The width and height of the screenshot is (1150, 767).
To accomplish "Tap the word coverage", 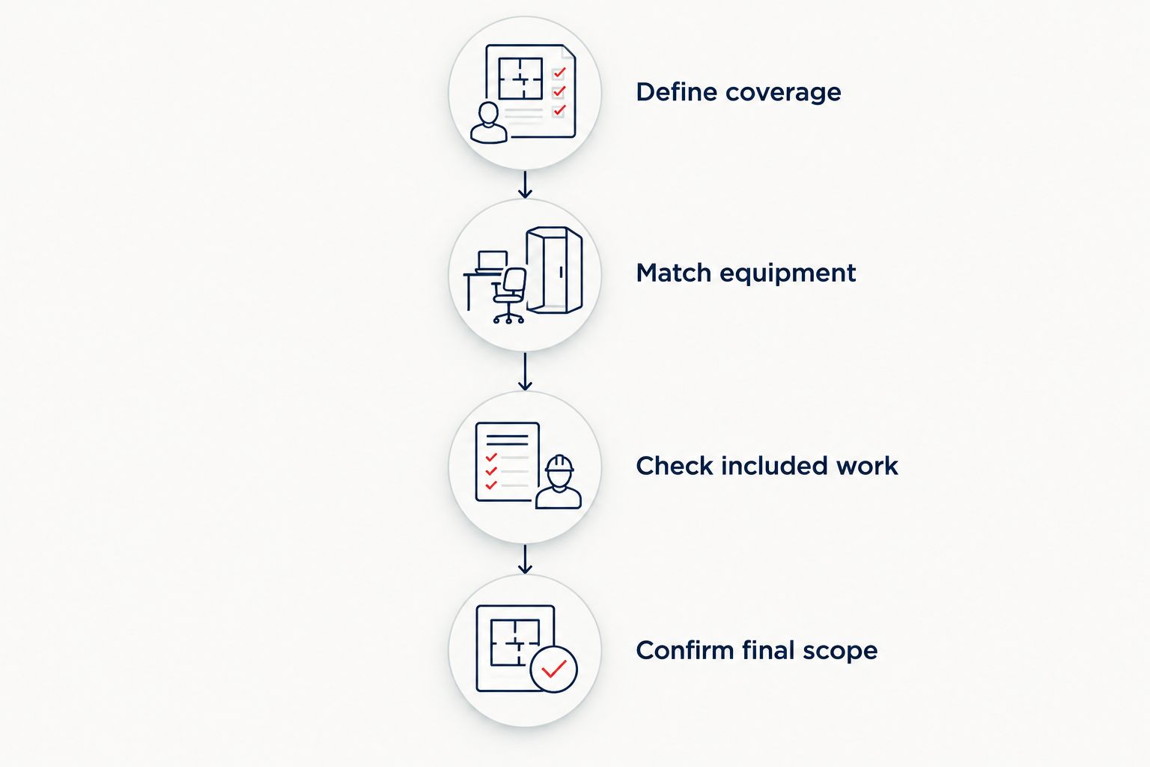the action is pos(783,94).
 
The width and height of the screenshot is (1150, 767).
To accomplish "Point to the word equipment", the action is pos(788,274).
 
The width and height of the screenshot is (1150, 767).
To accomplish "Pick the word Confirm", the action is pos(685,650).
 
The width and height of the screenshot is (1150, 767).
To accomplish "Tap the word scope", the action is pos(841,652).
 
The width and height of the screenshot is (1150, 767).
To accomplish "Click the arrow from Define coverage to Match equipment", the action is pos(525,185).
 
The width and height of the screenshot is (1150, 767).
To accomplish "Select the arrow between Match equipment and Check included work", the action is pos(525,372).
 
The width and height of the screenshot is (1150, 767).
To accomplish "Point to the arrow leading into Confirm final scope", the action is pos(525,560).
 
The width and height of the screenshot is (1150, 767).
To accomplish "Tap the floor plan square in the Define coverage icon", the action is pos(520,78).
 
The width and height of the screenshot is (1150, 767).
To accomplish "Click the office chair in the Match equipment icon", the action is pos(509,295).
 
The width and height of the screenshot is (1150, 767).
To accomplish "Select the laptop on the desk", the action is pos(493,261).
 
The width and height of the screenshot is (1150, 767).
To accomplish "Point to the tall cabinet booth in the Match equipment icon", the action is pos(555,270).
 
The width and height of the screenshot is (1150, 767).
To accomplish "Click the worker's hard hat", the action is pos(559,464).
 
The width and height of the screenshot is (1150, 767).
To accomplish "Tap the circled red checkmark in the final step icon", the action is pos(554,669).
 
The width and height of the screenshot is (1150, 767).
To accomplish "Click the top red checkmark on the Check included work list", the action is pos(491,457).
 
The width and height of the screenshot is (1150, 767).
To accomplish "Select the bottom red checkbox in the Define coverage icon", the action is pos(559,110).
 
